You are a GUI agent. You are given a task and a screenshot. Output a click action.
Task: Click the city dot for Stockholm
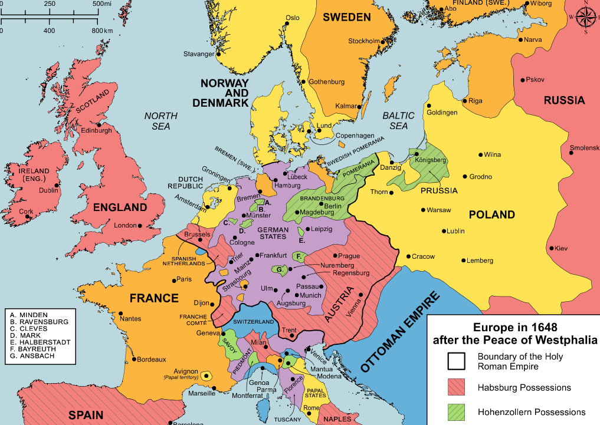[383, 42]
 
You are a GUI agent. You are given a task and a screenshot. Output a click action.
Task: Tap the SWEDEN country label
[346, 17]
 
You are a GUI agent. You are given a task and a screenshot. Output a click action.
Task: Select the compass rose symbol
[585, 17]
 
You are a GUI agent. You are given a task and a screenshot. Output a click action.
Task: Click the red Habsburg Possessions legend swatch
[456, 387]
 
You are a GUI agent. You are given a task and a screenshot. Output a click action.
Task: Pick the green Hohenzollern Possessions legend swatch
[456, 412]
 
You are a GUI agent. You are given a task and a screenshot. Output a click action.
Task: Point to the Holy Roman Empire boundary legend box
[456, 361]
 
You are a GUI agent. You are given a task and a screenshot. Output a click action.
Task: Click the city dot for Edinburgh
[100, 124]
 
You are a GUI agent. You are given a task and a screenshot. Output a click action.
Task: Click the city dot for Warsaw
[422, 210]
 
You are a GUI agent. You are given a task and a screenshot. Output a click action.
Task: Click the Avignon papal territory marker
[206, 375]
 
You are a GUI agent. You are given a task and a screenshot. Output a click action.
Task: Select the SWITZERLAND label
[254, 322]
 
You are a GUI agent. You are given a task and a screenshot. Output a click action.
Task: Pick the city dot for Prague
[335, 256]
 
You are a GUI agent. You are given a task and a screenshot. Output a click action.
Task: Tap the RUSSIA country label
[564, 100]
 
